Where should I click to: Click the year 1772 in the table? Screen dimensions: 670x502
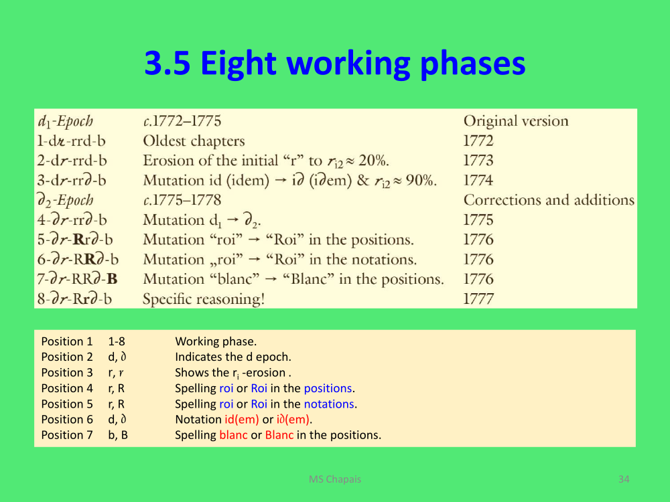pyautogui.click(x=478, y=141)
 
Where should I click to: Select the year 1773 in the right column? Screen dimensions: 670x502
pyautogui.click(x=478, y=161)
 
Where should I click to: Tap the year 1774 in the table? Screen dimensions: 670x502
pyautogui.click(x=478, y=180)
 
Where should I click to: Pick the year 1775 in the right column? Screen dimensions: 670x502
pyautogui.click(x=478, y=220)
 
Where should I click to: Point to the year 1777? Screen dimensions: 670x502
pyautogui.click(x=478, y=299)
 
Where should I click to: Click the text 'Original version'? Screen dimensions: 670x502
pyautogui.click(x=516, y=121)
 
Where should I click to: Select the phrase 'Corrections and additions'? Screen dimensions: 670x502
pyautogui.click(x=549, y=200)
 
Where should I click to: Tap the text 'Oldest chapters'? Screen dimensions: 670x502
pyautogui.click(x=194, y=141)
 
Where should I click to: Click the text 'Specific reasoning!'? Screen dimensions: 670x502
pyautogui.click(x=204, y=299)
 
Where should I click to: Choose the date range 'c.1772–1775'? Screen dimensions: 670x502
pyautogui.click(x=182, y=121)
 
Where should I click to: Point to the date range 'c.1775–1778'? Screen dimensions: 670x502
pyautogui.click(x=182, y=200)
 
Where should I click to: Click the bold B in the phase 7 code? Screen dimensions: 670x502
pyautogui.click(x=112, y=279)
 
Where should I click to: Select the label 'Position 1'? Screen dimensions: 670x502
pyautogui.click(x=66, y=341)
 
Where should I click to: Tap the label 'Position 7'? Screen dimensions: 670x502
pyautogui.click(x=66, y=435)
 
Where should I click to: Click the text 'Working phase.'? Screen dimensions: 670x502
pyautogui.click(x=216, y=341)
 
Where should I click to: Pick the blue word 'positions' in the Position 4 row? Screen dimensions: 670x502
pyautogui.click(x=328, y=388)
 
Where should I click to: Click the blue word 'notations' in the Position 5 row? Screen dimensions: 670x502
pyautogui.click(x=329, y=404)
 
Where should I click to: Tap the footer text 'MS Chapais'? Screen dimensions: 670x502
pyautogui.click(x=335, y=479)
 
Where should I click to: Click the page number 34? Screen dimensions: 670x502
pyautogui.click(x=624, y=479)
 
